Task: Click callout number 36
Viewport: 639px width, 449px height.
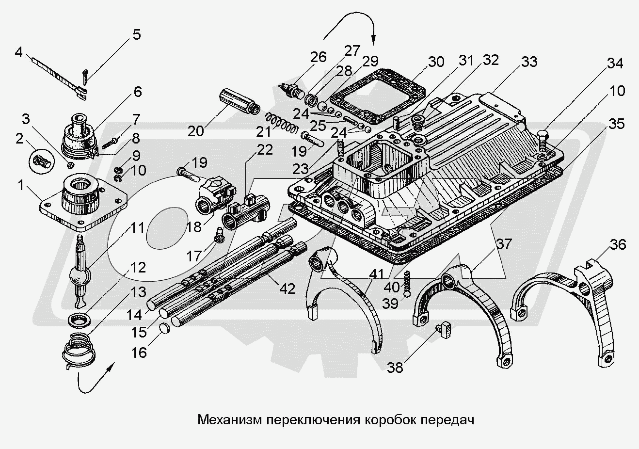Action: (618, 245)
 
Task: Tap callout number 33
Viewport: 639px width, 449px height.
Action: (529, 63)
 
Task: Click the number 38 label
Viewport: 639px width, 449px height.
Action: (396, 368)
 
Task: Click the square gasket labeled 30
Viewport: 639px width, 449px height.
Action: (377, 95)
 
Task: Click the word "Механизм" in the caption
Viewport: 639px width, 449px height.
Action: (230, 419)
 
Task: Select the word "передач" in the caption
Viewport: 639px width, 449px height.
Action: (448, 419)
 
